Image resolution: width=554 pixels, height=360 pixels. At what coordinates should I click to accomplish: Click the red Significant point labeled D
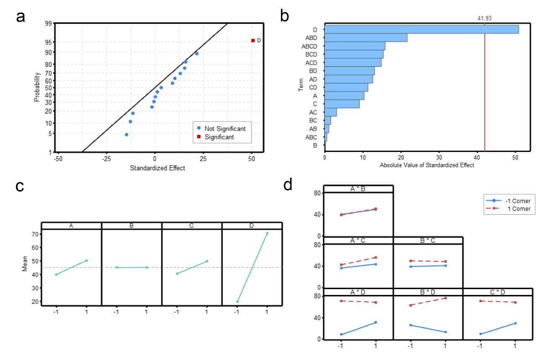[x=253, y=40]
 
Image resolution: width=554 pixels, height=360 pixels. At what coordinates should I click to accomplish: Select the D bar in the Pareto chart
[x=421, y=29]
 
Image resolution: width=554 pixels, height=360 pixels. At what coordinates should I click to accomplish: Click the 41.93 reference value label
[x=484, y=18]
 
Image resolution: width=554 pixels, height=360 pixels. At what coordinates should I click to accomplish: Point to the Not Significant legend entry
[x=224, y=128]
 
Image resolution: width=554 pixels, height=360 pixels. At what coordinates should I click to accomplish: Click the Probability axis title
[x=37, y=87]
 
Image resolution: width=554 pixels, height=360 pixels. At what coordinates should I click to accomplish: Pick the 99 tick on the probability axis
[x=49, y=23]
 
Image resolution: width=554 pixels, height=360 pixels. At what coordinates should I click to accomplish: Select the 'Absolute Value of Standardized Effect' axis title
[x=427, y=165]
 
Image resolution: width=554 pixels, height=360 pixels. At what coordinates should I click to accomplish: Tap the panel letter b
[x=284, y=16]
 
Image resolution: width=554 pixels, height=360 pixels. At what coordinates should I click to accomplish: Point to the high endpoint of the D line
[x=267, y=233]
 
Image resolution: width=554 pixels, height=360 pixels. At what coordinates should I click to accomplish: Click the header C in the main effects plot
[x=191, y=226]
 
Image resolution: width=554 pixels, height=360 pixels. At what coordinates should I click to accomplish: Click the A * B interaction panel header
[x=358, y=189]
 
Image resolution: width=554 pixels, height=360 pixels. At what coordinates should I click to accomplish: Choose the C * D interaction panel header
[x=497, y=292]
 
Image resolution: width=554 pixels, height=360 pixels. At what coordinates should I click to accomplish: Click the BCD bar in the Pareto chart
[x=354, y=54]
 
